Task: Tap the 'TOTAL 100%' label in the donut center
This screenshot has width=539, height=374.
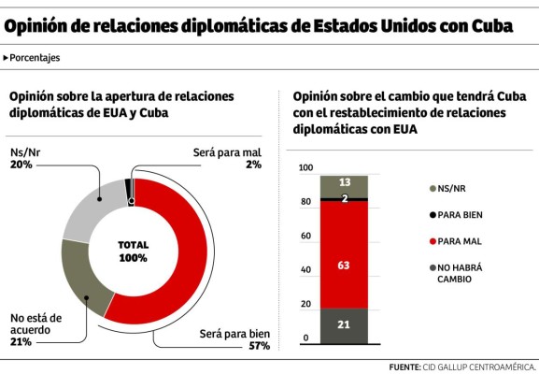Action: point(133,251)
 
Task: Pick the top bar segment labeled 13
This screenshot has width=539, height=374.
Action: point(345,183)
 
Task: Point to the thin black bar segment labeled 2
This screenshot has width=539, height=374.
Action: point(345,199)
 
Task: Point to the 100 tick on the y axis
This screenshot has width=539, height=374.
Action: point(305,168)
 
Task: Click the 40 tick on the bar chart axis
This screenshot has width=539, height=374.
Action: point(305,270)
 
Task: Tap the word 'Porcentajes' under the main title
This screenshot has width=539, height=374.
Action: point(35,58)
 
